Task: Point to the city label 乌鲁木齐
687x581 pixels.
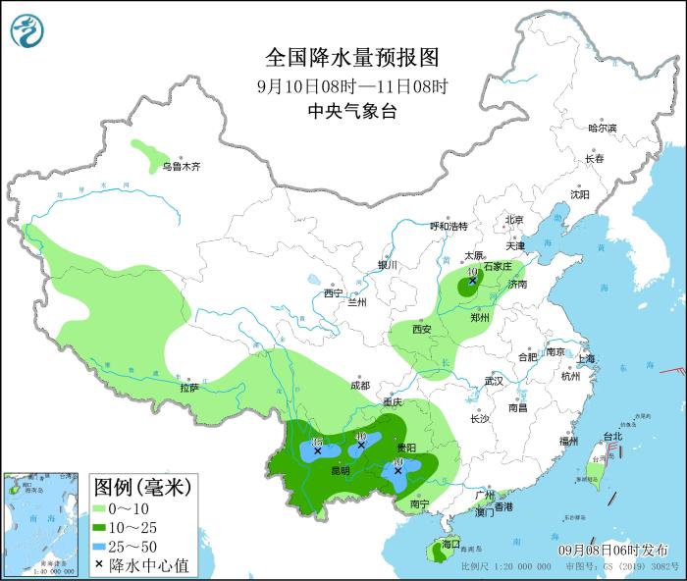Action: click(182, 167)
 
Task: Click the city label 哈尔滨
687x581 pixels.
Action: click(602, 129)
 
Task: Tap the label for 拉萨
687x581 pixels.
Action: click(189, 388)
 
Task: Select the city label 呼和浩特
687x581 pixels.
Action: click(449, 226)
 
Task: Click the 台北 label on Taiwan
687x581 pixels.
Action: click(611, 436)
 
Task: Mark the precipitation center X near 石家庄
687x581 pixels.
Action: click(472, 281)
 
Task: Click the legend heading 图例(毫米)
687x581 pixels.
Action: click(141, 486)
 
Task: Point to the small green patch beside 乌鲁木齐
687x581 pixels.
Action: click(149, 154)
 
